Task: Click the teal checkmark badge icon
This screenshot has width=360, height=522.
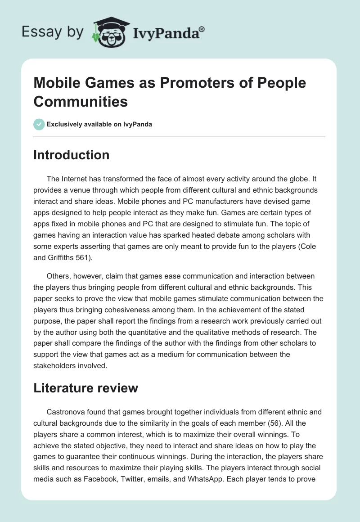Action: pos(39,124)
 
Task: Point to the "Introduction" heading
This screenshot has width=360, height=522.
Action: pos(71,155)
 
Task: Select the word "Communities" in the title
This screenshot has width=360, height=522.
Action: pos(81,101)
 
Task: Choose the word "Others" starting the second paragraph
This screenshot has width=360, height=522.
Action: pos(58,275)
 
